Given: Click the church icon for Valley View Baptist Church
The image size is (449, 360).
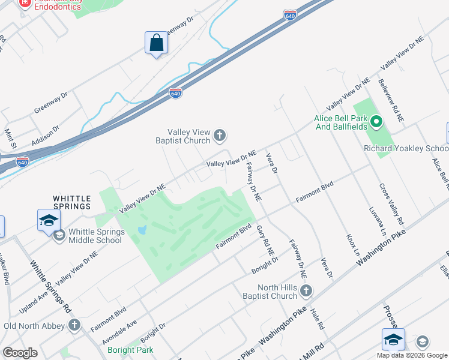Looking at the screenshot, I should pyautogui.click(x=220, y=136).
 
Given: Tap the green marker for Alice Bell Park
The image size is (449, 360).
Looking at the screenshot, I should pyautogui.click(x=376, y=123).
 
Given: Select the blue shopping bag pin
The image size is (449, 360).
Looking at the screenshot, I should pyautogui.click(x=156, y=43).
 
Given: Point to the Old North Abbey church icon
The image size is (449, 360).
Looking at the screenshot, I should pyautogui.click(x=74, y=326).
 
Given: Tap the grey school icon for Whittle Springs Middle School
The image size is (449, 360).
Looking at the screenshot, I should pyautogui.click(x=59, y=234).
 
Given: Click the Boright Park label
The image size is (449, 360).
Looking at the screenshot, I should pyautogui.click(x=130, y=350).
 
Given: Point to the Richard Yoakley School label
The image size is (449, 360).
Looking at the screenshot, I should pyautogui.click(x=406, y=149).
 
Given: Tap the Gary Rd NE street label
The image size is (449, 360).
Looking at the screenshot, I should pyautogui.click(x=262, y=239).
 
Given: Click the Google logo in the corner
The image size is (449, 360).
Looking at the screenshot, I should pyautogui.click(x=20, y=353).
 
